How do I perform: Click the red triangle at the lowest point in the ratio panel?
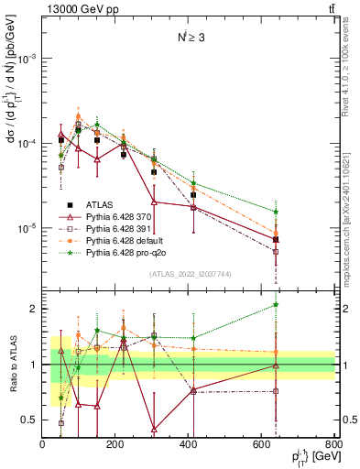pos(154,429)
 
